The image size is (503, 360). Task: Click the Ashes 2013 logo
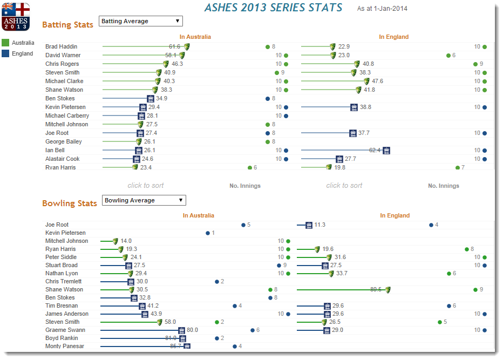pyautogui.click(x=16, y=16)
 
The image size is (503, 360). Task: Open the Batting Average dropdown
pyautogui.click(x=141, y=21)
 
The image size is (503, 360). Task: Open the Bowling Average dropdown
pyautogui.click(x=144, y=200)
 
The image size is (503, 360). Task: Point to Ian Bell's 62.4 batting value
pyautogui.click(x=375, y=150)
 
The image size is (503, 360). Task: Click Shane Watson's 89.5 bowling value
pyautogui.click(x=376, y=289)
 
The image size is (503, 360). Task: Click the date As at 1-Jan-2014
pyautogui.click(x=382, y=9)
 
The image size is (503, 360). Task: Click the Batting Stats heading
pyautogui.click(x=67, y=25)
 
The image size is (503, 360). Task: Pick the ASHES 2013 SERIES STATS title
pyautogui.click(x=273, y=8)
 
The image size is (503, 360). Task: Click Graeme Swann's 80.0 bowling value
pyautogui.click(x=192, y=330)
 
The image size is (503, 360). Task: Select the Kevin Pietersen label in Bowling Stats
pyautogui.click(x=65, y=233)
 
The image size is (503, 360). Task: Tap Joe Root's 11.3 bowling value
pyautogui.click(x=320, y=225)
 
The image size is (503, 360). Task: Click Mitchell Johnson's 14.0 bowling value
pyautogui.click(x=126, y=241)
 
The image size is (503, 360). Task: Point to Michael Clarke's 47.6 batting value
pyautogui.click(x=377, y=81)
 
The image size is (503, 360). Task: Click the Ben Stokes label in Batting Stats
pyautogui.click(x=60, y=98)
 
